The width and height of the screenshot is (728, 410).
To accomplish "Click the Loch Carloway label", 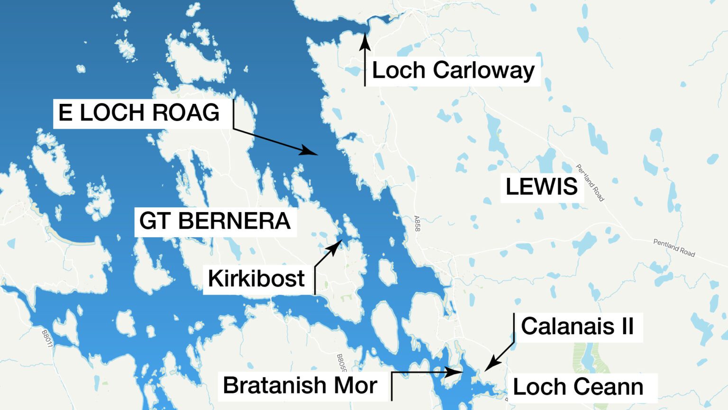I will coord(453,71).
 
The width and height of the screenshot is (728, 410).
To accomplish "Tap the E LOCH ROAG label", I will coord(139,113).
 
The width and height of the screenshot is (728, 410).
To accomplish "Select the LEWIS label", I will coord(542,186).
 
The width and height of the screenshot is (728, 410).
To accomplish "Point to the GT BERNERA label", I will coord(215,221).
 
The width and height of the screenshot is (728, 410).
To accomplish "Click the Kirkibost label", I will coord(256,279).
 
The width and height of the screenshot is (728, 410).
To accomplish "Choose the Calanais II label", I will coord(577,326).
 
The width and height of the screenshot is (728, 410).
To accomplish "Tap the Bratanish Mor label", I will coord(300,385).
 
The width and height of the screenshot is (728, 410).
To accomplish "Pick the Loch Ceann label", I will coord(578,387).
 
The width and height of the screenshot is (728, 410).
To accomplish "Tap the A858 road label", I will coord(417,224).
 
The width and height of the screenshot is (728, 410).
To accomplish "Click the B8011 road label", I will coord(47,339).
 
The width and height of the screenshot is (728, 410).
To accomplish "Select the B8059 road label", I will coord(341,363).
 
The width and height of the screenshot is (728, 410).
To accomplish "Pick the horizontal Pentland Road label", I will coord(674,248).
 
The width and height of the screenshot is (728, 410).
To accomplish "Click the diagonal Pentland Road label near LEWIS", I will coord(590,182).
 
